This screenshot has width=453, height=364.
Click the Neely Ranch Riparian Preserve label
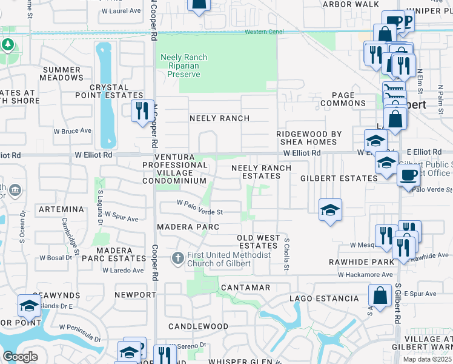[184, 66]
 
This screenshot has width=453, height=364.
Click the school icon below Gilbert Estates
[330, 210]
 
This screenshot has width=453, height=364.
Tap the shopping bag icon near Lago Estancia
[380, 296]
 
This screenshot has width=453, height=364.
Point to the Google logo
[20, 356]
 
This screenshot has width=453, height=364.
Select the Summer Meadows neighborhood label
[62, 74]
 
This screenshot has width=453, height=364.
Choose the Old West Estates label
[258, 241]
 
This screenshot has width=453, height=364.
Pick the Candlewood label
[198, 326]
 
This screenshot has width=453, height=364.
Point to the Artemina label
[61, 209]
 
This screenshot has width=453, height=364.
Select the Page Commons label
[343, 99]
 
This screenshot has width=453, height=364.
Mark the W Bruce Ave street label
[72, 130]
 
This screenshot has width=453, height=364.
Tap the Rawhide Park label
[361, 262]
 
